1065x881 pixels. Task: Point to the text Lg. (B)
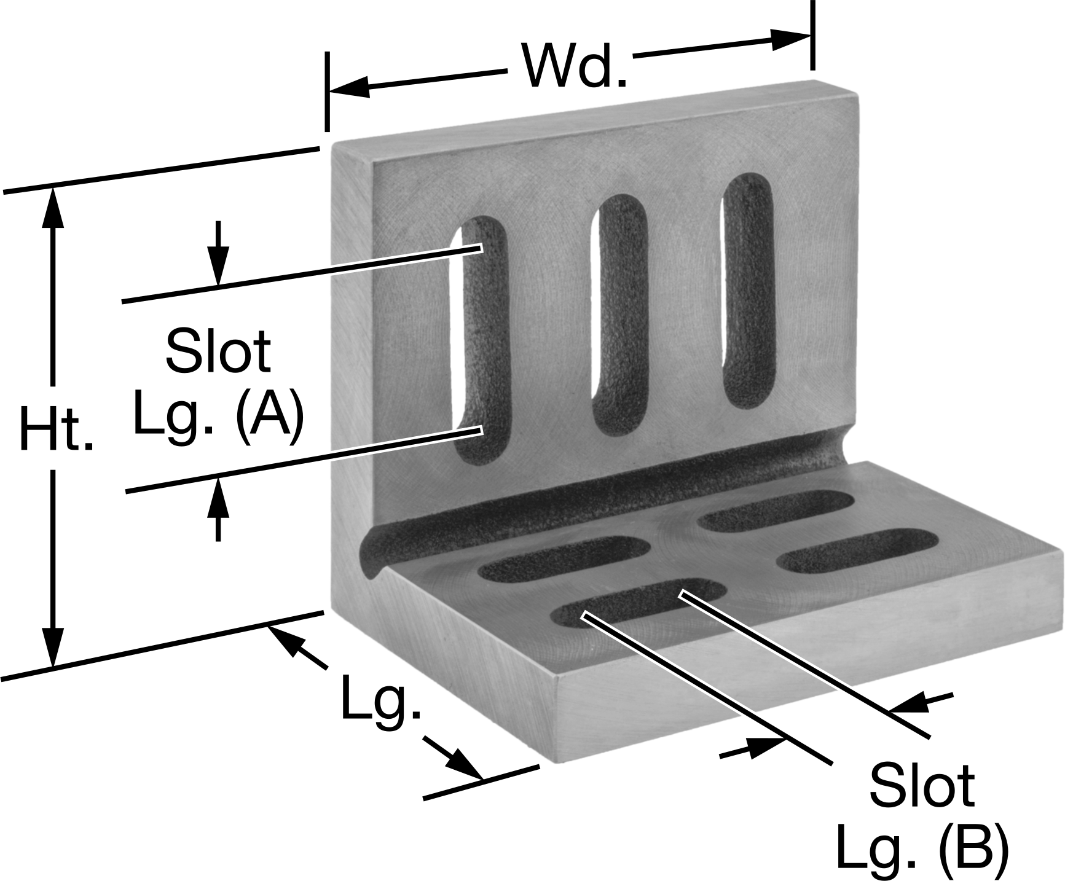pos(922,848)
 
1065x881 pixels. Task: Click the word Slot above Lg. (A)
pos(218,351)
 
